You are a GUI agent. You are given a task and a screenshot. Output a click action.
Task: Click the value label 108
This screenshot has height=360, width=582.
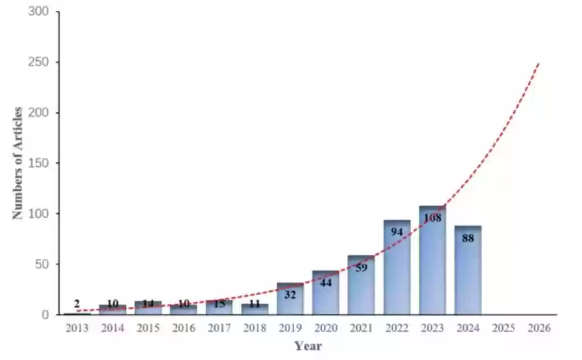tap(433, 218)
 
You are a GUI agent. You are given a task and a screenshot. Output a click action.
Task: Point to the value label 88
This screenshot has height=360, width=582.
tap(468, 238)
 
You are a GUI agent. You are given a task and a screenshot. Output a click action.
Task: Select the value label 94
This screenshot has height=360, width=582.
tap(397, 232)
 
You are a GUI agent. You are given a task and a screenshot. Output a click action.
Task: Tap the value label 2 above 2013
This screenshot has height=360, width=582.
tap(77, 304)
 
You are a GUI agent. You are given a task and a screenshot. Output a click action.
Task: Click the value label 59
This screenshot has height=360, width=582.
tap(361, 267)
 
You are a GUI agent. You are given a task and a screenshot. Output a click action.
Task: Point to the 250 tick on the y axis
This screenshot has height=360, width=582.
tap(41, 63)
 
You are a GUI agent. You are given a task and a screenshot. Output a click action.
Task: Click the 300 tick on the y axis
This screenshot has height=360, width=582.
tap(41, 12)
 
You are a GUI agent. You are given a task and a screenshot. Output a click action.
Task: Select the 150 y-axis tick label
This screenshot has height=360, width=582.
tap(41, 163)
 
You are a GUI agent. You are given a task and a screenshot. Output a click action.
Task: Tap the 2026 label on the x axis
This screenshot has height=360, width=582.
tap(539, 328)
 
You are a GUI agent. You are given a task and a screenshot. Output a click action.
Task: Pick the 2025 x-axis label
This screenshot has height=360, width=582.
tap(503, 328)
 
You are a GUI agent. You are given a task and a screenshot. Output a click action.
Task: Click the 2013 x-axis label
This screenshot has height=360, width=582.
tap(77, 328)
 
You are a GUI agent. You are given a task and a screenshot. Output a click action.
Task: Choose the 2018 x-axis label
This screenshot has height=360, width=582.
tap(255, 328)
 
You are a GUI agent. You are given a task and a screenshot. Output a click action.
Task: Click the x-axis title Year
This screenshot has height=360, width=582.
tap(308, 346)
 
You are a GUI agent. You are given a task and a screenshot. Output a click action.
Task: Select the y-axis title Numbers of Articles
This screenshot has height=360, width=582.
tap(18, 163)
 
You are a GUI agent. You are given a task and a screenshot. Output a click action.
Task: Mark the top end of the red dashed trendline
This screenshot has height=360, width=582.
tap(538, 64)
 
